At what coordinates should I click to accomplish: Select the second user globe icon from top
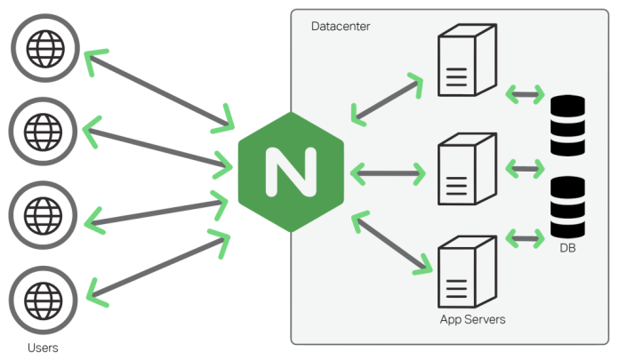click(44, 129)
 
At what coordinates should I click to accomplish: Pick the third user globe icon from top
click(44, 214)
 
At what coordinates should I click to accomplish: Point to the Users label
click(43, 347)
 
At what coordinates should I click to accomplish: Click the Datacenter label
click(340, 27)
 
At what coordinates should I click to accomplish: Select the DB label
click(567, 248)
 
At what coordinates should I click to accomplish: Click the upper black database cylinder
click(567, 126)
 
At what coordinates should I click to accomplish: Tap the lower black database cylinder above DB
click(567, 206)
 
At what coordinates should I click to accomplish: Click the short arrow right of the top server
click(525, 92)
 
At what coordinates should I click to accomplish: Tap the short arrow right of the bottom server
click(525, 237)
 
